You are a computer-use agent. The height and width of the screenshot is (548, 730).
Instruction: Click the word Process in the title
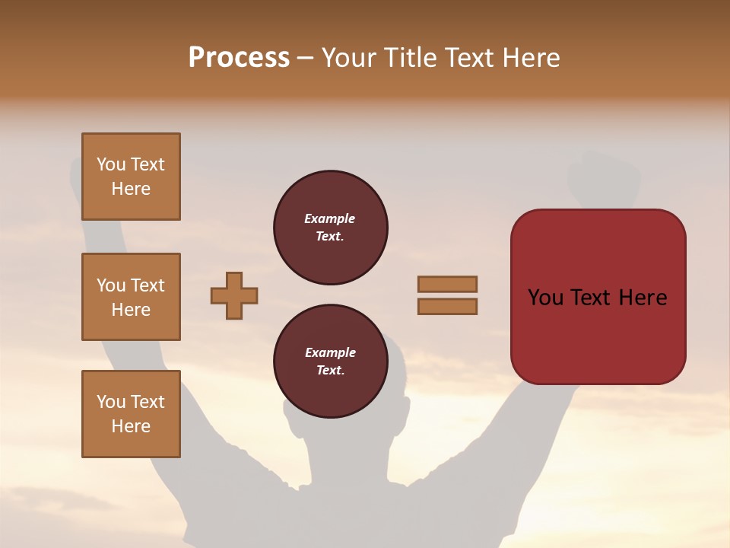239,58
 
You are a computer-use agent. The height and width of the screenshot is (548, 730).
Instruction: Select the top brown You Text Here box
131,177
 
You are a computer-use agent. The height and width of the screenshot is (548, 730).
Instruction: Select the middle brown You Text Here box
131,297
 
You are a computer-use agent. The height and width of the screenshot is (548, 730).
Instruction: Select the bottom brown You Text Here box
131,414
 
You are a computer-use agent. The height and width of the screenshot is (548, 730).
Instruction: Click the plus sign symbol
234,295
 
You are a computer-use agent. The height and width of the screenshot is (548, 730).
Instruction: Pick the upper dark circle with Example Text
330,227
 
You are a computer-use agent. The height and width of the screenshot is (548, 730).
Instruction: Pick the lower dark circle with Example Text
330,361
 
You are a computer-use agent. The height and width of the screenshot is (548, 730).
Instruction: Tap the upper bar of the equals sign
447,284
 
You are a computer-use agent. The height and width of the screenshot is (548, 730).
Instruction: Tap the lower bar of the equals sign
447,306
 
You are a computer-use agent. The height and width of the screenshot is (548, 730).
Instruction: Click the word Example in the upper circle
330,218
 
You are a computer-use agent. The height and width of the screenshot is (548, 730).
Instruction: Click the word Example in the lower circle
330,352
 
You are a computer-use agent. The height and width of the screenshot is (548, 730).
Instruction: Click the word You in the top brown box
111,164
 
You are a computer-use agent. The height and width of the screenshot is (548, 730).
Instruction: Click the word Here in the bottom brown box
131,426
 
